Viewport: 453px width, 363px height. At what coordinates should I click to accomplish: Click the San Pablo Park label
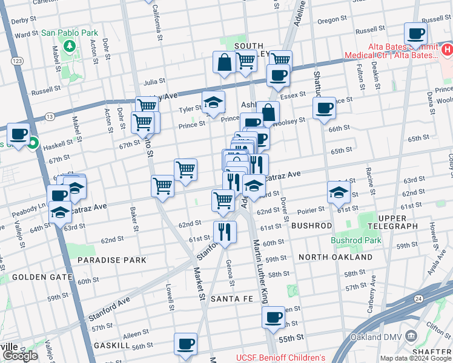point(70,32)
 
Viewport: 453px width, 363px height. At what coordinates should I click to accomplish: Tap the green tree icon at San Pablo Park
point(70,45)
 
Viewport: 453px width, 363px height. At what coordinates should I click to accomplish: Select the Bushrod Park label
point(356,240)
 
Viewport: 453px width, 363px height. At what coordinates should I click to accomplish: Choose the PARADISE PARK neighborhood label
point(112,260)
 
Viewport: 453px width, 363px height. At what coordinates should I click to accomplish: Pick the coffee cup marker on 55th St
point(273,317)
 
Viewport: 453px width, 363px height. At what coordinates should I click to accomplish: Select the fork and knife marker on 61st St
point(225,231)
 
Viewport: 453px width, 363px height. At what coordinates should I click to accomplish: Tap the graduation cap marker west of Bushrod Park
point(338,192)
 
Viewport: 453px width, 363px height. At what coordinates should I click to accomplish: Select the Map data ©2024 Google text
point(415,358)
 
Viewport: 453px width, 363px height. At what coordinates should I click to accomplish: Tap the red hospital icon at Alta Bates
point(446,48)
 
